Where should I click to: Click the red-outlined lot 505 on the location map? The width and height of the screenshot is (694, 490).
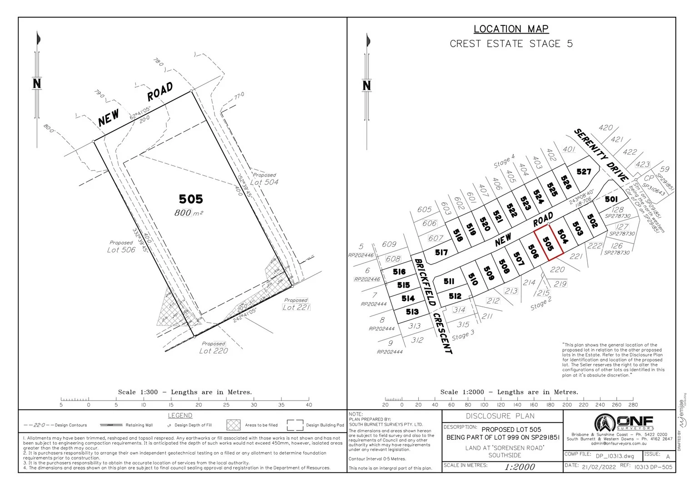coord(548,244)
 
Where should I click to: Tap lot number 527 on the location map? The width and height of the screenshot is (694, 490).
coord(584,171)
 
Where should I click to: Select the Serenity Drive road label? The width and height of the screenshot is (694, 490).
coord(601,155)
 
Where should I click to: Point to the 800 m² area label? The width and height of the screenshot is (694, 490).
coord(188,213)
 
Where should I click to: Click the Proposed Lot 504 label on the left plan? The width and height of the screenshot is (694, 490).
coord(264,179)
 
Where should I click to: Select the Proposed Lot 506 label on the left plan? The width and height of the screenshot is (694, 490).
coord(121,247)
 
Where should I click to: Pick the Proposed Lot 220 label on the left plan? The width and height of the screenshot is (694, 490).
coord(213,348)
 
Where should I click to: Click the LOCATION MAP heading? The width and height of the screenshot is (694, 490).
coord(511,29)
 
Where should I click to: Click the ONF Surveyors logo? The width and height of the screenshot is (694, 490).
coord(624,423)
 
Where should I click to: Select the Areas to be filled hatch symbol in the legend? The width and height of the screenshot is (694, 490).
coord(233,425)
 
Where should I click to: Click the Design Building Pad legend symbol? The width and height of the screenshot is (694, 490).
coord(295,425)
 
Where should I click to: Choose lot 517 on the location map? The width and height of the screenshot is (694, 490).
coord(441,252)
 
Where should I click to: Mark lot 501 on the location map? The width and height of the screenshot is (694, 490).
coord(611,199)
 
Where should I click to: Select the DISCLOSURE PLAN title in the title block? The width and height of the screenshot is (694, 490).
coord(500,416)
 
